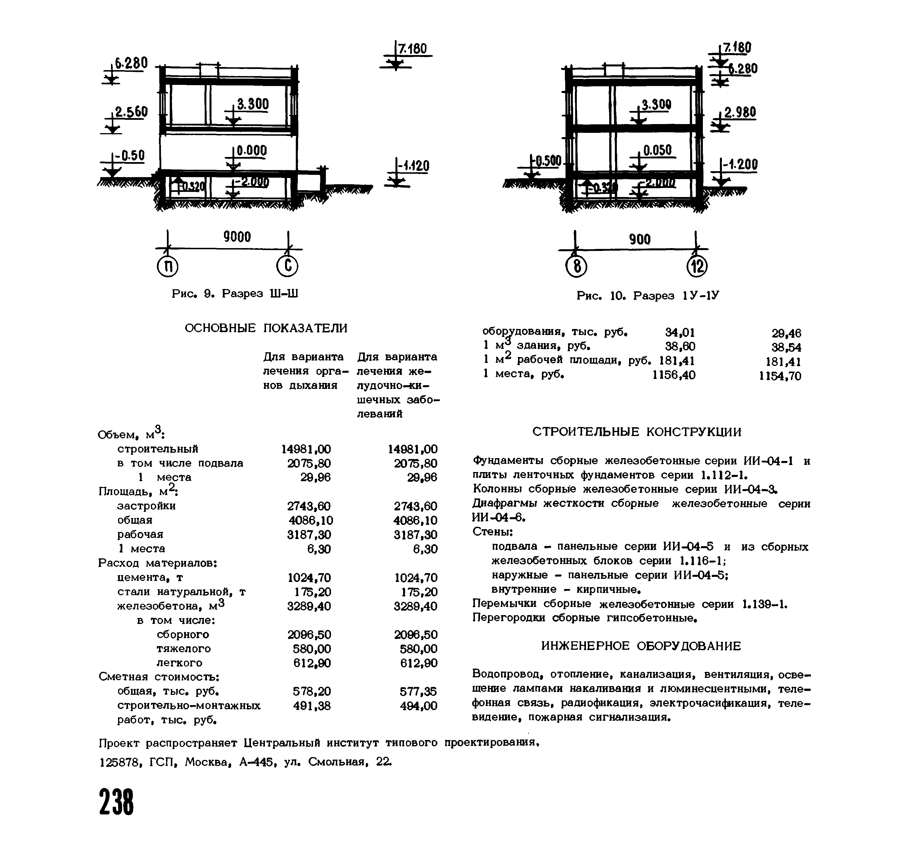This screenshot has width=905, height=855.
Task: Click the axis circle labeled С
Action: [287, 267]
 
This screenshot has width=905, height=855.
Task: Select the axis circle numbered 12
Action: [697, 267]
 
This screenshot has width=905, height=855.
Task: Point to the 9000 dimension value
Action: [237, 237]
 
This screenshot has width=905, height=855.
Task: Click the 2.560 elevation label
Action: [131, 112]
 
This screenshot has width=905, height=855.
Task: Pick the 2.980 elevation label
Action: [740, 113]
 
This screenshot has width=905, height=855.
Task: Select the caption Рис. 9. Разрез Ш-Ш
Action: [235, 294]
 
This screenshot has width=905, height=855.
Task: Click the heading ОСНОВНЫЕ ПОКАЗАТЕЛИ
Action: [266, 328]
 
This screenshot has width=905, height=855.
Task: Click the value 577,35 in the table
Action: [418, 692]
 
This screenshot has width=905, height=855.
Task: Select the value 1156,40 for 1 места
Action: [674, 375]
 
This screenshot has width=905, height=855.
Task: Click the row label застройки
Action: [146, 506]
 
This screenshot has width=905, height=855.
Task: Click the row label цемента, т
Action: [150, 577]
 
